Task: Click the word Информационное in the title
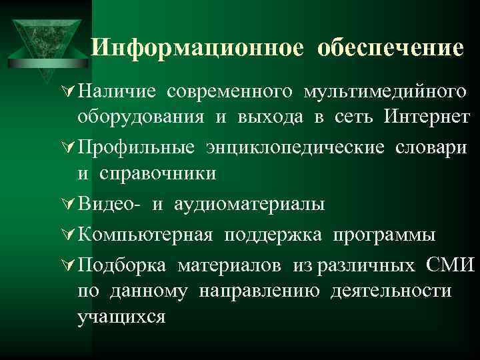click(x=198, y=47)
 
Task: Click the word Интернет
click(x=427, y=117)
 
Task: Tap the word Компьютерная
click(x=145, y=235)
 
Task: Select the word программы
click(x=386, y=235)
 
